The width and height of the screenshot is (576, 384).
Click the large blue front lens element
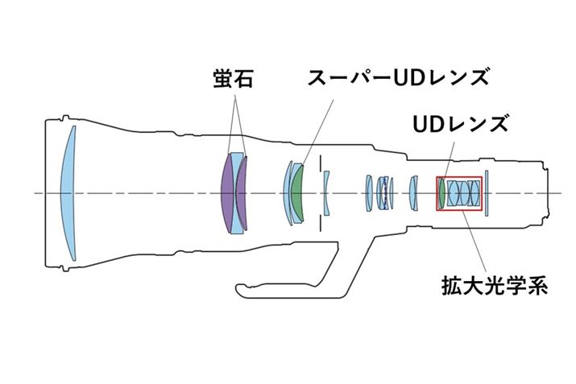click(x=69, y=192)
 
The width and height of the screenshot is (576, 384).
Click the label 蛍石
click(x=230, y=79)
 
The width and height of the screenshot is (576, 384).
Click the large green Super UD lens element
click(x=298, y=193)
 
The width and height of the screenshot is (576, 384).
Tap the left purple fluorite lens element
click(x=226, y=193)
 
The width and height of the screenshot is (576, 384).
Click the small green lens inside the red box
click(x=441, y=193)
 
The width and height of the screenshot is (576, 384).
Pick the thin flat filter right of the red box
click(x=488, y=193)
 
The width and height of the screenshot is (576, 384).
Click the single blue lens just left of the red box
click(x=413, y=193)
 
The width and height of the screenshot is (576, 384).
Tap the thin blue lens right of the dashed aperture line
click(x=326, y=193)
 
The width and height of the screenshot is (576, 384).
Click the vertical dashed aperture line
click(x=320, y=161)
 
